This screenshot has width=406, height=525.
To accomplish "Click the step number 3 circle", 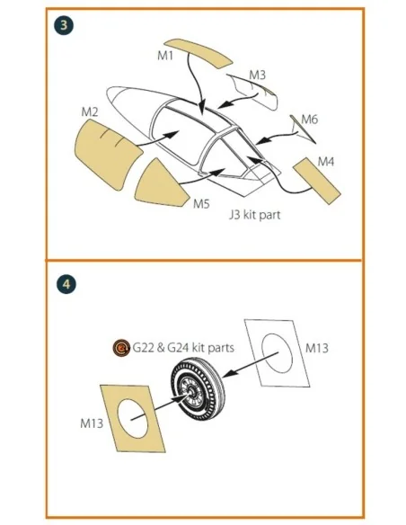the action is point(64,25).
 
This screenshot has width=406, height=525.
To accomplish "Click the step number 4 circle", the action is point(66,285).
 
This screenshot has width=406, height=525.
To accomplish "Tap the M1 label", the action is point(165,56).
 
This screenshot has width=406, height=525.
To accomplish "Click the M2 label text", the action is point(90,111).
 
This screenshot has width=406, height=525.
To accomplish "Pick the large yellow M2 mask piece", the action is point(108,152).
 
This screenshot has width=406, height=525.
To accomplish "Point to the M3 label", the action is point(257,75).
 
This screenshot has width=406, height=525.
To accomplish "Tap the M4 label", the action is point(326,162).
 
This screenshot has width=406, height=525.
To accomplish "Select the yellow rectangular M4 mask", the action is point(317,181).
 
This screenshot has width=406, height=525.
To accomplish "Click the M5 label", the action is point(201,203).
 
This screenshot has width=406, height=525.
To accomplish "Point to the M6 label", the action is point(309,120).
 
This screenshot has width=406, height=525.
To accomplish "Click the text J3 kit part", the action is point(255,215).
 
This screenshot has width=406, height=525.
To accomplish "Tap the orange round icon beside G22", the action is point(121,348).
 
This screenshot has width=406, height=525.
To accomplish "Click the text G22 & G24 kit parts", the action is point(183,348).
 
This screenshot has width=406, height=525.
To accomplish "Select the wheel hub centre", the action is point(191,391).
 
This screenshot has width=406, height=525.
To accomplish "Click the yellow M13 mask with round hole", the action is point(133,419).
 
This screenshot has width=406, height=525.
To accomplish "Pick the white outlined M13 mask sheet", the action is point(277,353).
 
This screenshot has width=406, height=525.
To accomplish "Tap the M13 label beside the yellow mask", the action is point(92,423).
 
